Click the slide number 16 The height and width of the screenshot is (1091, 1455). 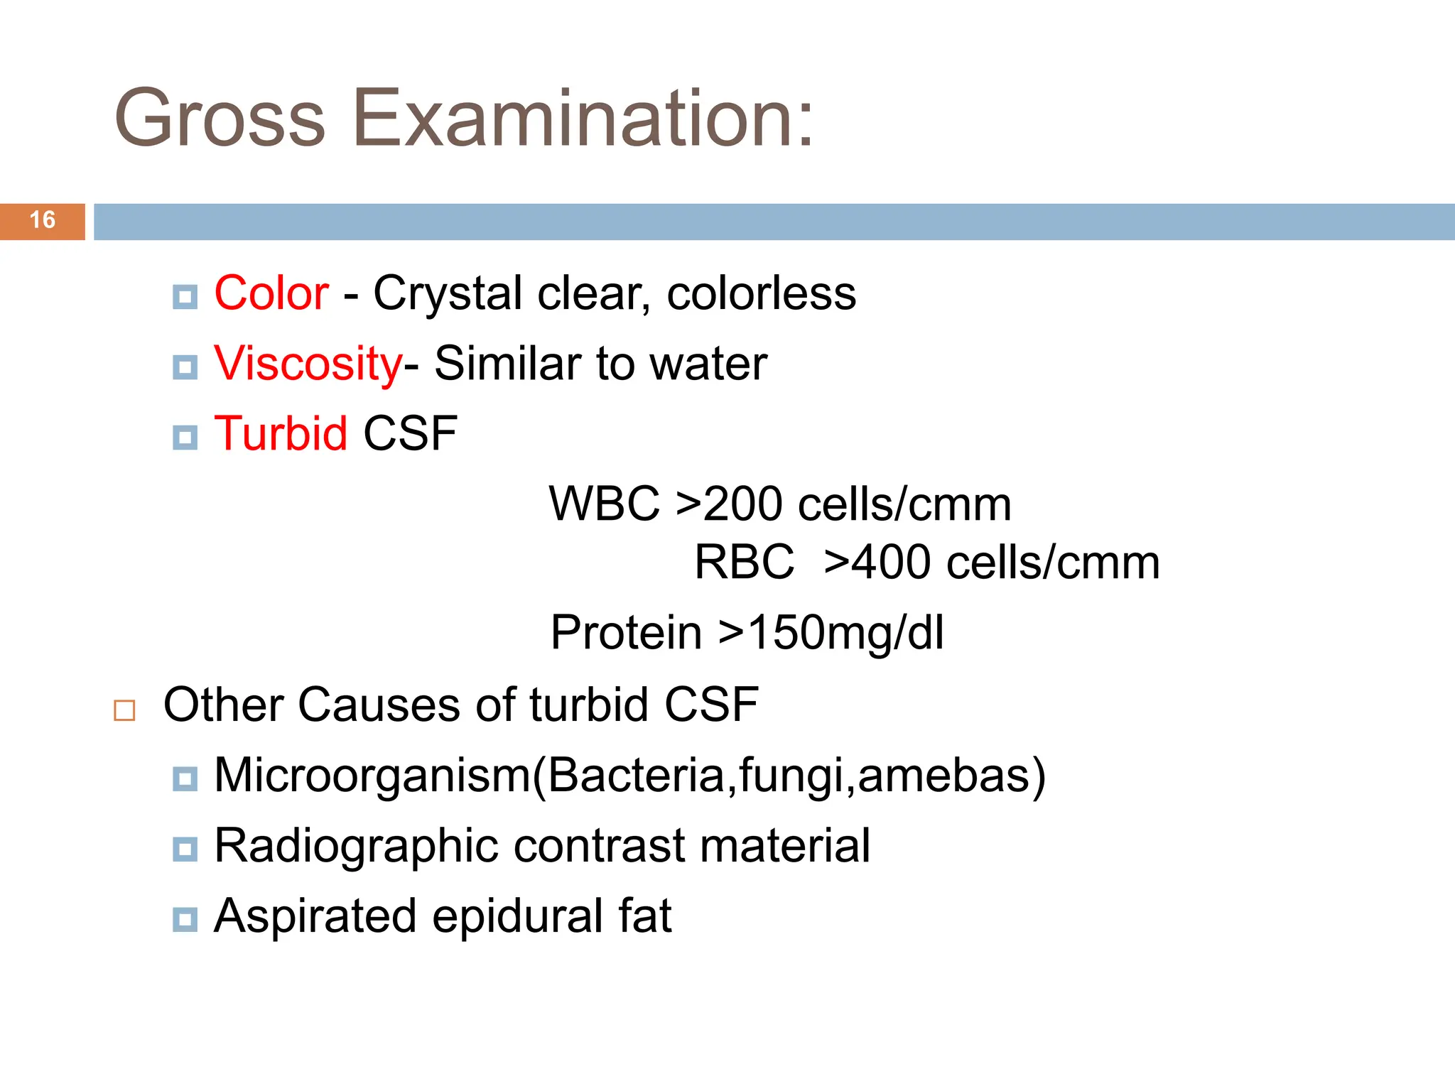point(43,220)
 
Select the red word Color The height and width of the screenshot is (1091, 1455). point(271,293)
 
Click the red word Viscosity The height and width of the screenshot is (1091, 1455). point(308,364)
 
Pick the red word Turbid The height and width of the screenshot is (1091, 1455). point(281,433)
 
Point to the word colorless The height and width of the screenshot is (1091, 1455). point(761,293)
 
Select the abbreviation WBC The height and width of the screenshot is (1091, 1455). point(605,504)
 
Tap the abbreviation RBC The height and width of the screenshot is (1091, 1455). point(744,563)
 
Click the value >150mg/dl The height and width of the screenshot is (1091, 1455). point(831,632)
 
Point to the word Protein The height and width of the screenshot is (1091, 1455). point(626,632)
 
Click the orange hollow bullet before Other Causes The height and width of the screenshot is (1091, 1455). point(124,710)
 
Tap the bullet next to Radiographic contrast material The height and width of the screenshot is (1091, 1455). point(185,849)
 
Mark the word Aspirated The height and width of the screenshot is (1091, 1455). point(315,916)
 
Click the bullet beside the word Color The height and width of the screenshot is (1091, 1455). point(185,297)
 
